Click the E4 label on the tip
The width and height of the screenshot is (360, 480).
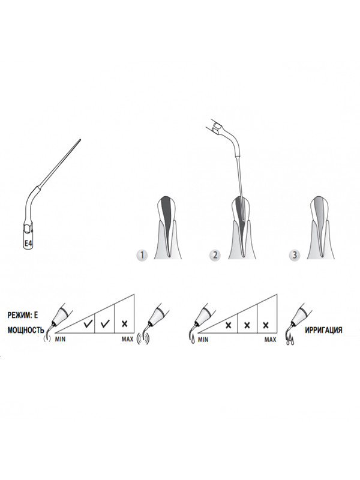[x=28, y=244]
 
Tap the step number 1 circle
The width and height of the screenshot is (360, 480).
[x=142, y=255]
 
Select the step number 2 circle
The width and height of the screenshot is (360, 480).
[x=215, y=255]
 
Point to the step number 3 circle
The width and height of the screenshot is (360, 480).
[x=295, y=255]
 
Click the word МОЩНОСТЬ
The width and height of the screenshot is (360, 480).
[x=26, y=331]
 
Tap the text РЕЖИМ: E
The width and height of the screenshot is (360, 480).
[x=23, y=316]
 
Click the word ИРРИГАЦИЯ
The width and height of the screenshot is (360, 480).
[x=323, y=330]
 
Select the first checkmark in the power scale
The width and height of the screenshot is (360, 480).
[x=88, y=323]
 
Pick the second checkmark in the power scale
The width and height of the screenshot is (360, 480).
[x=105, y=323]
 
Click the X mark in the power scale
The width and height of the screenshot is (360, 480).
[x=124, y=323]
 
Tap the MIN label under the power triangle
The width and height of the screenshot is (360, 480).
[x=61, y=339]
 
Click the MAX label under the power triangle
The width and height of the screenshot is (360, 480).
[x=127, y=339]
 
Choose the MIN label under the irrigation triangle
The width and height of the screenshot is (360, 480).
[x=203, y=340]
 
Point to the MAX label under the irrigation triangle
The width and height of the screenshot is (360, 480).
[x=271, y=340]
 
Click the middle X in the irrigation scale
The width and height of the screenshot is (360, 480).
[x=247, y=325]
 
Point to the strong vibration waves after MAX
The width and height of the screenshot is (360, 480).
[x=143, y=338]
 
